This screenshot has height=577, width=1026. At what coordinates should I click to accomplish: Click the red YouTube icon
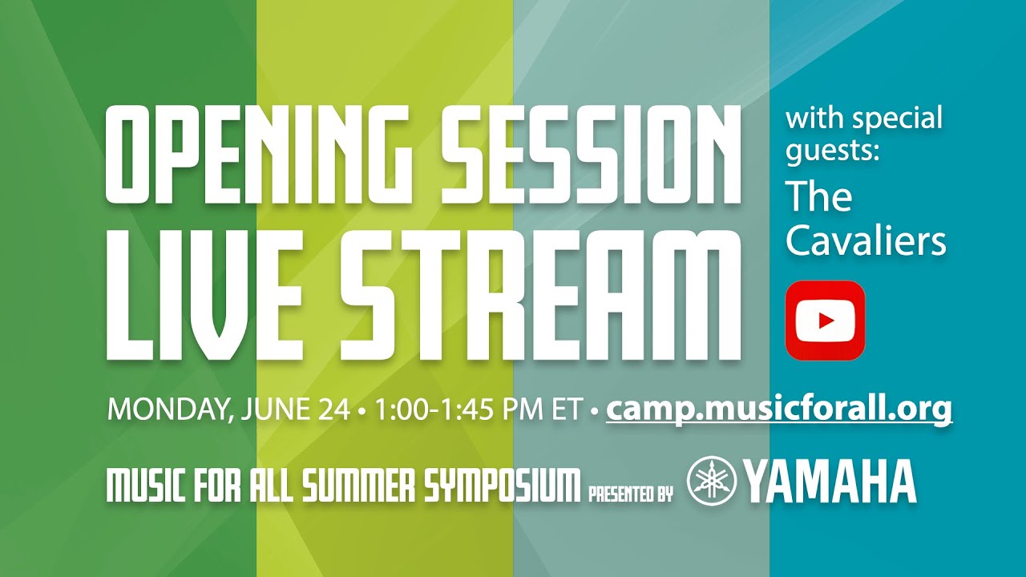pyautogui.click(x=825, y=320)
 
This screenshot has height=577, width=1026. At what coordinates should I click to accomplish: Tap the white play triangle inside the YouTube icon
pyautogui.click(x=826, y=321)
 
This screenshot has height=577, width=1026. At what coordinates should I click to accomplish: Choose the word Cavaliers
pyautogui.click(x=866, y=241)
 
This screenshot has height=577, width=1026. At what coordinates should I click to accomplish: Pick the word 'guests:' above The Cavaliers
pyautogui.click(x=833, y=151)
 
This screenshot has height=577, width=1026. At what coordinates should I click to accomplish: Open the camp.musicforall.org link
pyautogui.click(x=779, y=410)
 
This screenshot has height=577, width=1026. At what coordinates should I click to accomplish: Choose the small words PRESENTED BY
pyautogui.click(x=630, y=493)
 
